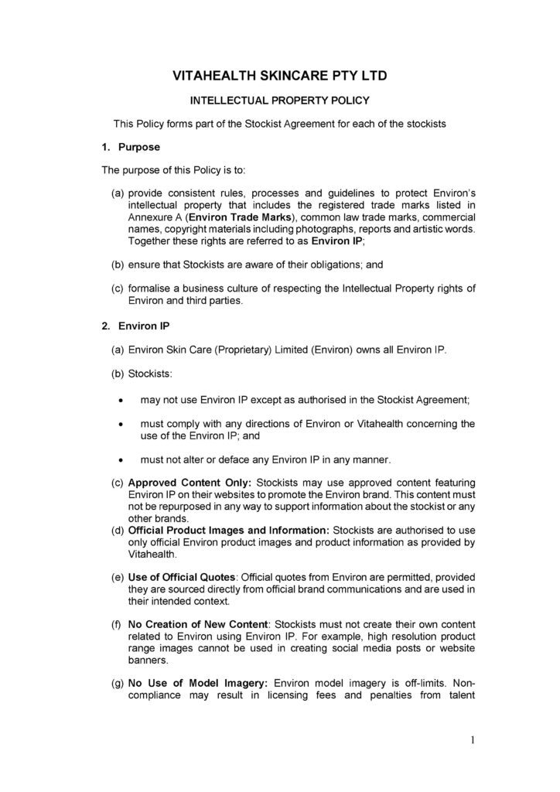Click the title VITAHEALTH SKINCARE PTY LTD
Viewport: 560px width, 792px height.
click(279, 76)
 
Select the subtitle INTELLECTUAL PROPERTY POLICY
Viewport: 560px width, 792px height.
click(279, 101)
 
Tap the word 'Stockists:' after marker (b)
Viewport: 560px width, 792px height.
click(151, 374)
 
